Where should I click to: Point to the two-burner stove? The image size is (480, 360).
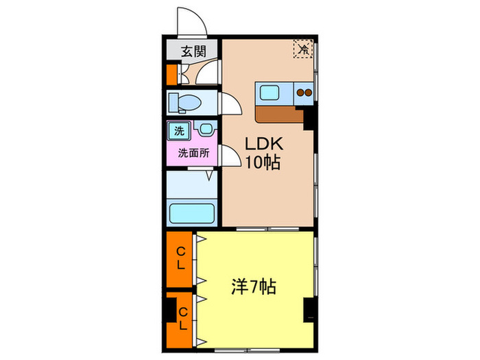tap(304, 92)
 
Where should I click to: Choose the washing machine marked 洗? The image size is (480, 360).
tap(178, 130)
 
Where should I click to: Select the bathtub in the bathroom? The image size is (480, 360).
tap(193, 212)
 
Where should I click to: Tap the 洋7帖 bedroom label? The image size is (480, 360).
tap(253, 286)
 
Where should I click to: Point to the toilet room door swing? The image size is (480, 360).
tap(230, 103)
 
